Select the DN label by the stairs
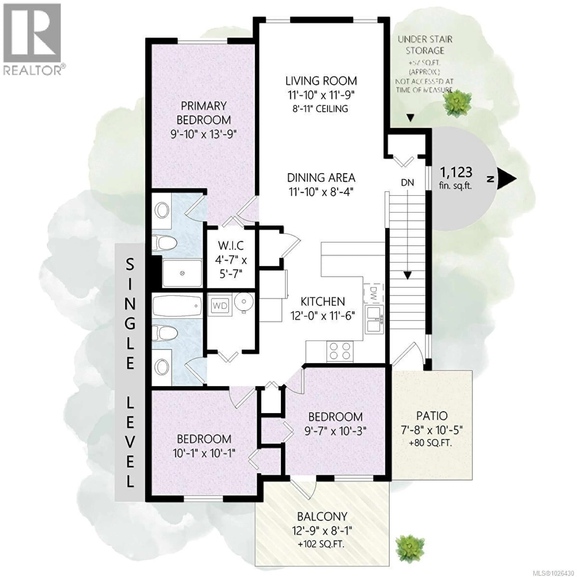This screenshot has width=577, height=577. (x=407, y=183)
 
